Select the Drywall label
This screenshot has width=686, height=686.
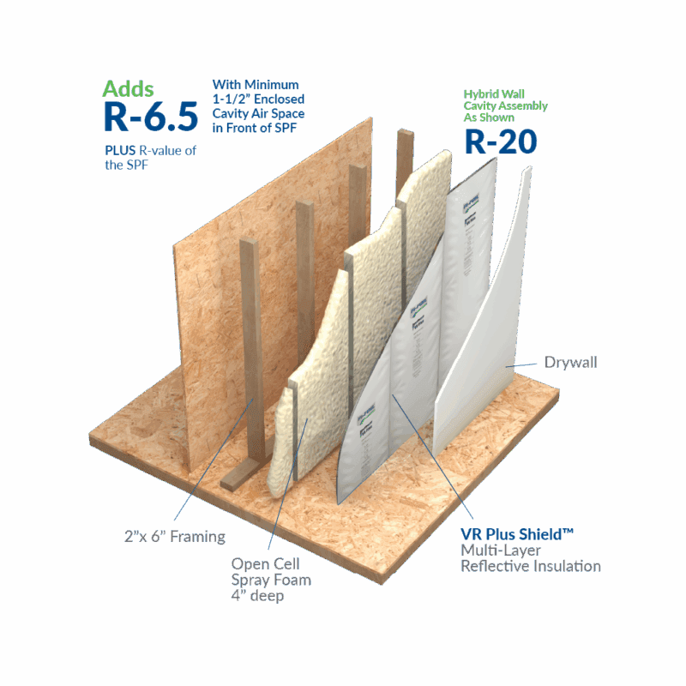coord(570,363)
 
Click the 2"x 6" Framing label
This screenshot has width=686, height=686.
coord(173,537)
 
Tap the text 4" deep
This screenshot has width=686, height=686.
coord(258,597)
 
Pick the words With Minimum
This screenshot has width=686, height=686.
coord(256,85)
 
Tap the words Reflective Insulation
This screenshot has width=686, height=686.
coord(531,566)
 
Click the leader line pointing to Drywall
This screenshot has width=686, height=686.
coord(524,364)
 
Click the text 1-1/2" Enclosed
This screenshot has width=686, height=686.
coord(259,99)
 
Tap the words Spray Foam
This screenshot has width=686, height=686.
coord(271,580)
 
